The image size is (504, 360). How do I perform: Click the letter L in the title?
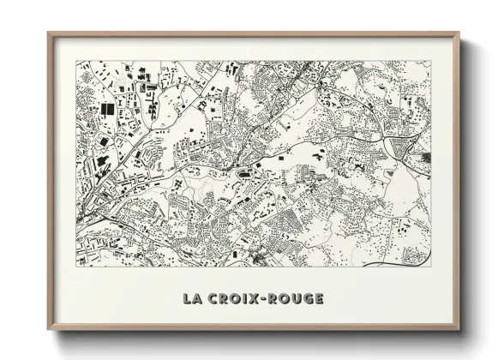(186, 299)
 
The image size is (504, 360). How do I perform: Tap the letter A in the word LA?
(197, 299)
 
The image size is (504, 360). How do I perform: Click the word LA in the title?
(192, 299)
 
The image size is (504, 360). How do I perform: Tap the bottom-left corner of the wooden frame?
(49, 328)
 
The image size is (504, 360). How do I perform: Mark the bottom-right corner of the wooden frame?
(459, 328)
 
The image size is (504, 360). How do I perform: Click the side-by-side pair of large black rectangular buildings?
(108, 110)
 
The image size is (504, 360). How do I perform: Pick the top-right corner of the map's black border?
(431, 61)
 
